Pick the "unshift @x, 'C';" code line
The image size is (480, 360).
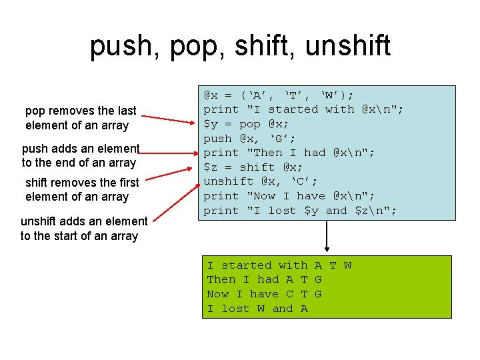260,181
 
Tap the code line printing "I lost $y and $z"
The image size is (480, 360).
300,211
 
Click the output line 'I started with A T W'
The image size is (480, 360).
279,265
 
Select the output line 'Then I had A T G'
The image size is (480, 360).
264,279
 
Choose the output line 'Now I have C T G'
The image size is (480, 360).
264,294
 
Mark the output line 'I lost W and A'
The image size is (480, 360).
257,309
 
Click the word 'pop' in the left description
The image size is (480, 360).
35,111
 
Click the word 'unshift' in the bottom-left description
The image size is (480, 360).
39,221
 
